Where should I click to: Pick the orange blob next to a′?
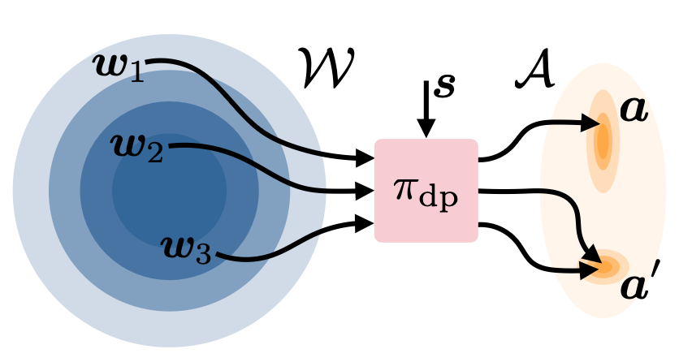(x=604, y=265)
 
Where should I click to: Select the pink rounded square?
(x=426, y=190)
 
